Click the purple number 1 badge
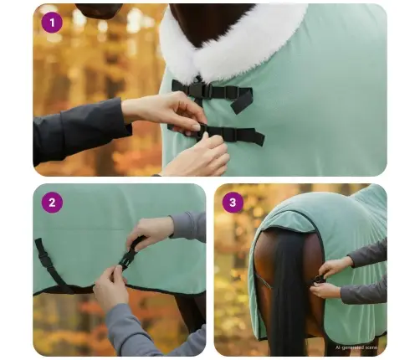coord(53,23)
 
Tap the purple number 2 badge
coord(53,202)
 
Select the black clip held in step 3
coord(319,279)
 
